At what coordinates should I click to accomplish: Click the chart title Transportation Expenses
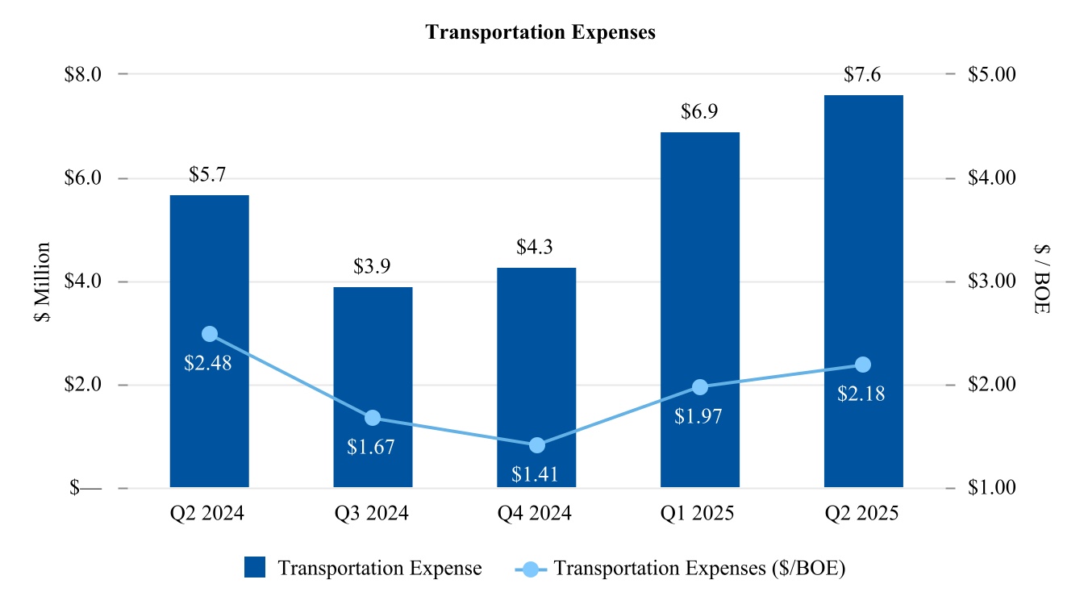540,32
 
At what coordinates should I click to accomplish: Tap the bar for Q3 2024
373,355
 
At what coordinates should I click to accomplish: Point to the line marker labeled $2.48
210,334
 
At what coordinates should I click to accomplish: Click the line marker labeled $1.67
373,418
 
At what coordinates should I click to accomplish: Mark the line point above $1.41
536,445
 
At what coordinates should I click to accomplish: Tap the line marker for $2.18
863,365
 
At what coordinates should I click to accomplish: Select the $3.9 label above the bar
372,267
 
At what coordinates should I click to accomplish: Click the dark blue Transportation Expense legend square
255,568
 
